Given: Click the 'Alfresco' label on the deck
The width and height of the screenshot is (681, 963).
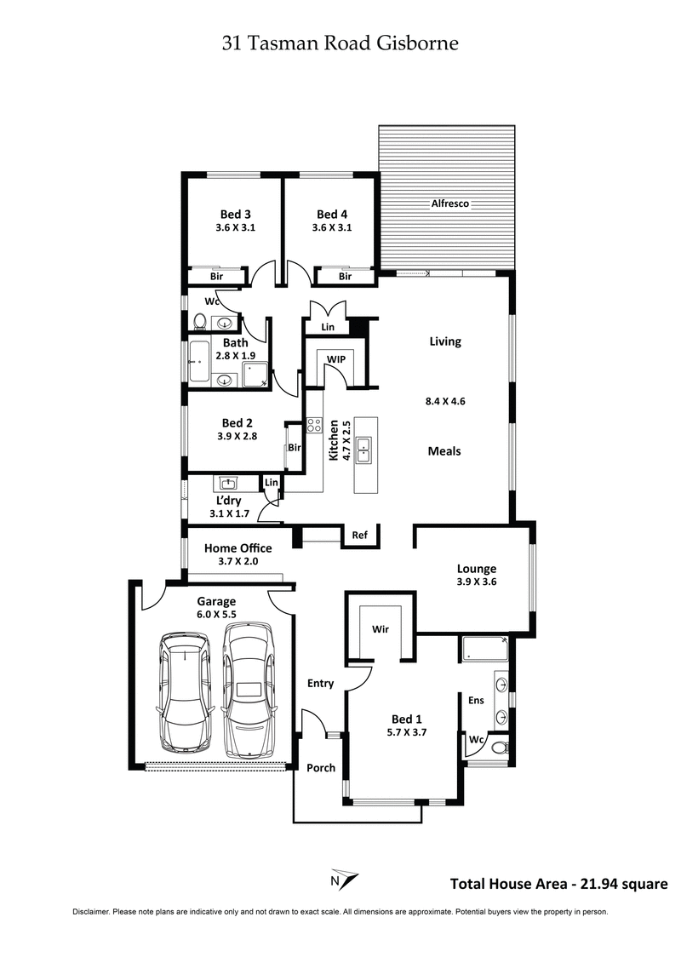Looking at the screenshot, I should (x=450, y=203).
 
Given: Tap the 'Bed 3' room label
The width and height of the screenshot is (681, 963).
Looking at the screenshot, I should (x=235, y=214).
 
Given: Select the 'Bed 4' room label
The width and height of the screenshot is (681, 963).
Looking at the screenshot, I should (x=331, y=214).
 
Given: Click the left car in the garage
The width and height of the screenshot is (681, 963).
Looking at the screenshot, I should (x=186, y=691).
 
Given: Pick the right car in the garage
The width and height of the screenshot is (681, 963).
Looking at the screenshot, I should (x=249, y=689).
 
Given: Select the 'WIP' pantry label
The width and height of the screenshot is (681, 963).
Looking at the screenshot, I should (x=335, y=359).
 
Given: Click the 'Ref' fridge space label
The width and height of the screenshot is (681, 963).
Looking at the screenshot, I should (x=359, y=535).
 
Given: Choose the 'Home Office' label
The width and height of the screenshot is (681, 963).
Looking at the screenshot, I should (x=237, y=548).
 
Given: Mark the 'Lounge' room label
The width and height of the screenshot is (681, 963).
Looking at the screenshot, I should (x=477, y=569).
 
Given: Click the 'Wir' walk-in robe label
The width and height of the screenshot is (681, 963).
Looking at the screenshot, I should (x=381, y=629).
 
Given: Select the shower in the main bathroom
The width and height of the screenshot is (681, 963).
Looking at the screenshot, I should (x=255, y=371).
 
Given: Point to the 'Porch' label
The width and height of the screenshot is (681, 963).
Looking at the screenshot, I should (x=321, y=767).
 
